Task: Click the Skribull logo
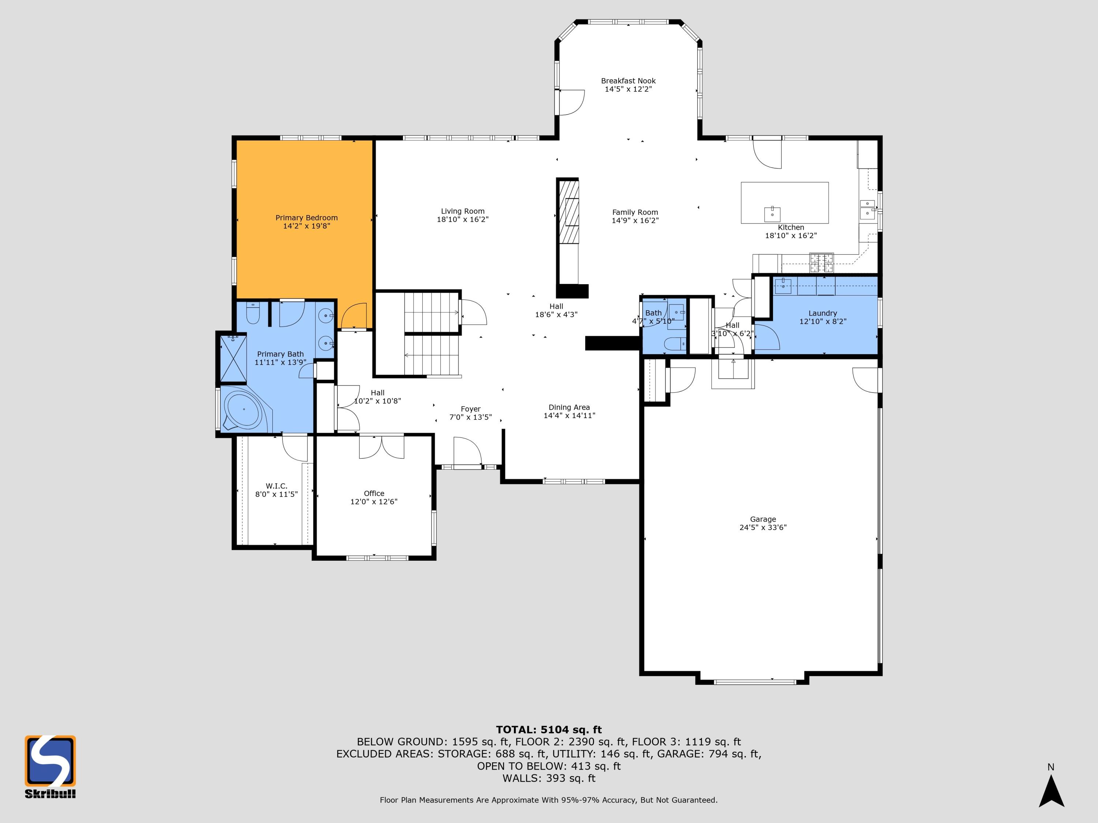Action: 50,766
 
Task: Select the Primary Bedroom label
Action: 306,218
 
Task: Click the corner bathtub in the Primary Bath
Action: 245,410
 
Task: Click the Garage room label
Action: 763,519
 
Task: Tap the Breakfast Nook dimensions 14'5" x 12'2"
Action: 628,89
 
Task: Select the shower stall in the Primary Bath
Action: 233,359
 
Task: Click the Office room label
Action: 374,493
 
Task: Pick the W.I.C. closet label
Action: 276,486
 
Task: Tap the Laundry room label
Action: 822,313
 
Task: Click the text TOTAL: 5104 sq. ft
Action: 549,730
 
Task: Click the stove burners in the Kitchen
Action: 822,263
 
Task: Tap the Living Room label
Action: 463,211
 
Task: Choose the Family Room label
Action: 635,212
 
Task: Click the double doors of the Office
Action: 382,447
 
